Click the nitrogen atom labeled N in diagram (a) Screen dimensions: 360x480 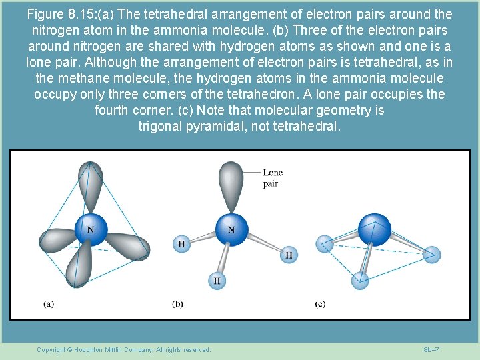pyautogui.click(x=89, y=231)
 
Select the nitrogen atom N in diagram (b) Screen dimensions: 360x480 pyautogui.click(x=230, y=230)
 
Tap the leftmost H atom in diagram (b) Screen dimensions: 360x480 pyautogui.click(x=181, y=244)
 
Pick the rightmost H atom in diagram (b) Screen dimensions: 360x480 pyautogui.click(x=289, y=255)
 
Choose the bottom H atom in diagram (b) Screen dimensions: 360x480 pyautogui.click(x=216, y=281)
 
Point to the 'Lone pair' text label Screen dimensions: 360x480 pyautogui.click(x=272, y=178)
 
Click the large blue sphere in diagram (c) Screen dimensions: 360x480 pyautogui.click(x=375, y=229)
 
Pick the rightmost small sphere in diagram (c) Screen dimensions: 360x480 pyautogui.click(x=431, y=254)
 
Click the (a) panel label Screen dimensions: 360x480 pyautogui.click(x=49, y=304)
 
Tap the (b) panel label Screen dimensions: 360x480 pyautogui.click(x=177, y=304)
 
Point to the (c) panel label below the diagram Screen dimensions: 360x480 pyautogui.click(x=320, y=304)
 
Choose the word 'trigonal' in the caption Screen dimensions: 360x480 pyautogui.click(x=163, y=126)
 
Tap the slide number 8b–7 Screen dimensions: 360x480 pyautogui.click(x=431, y=350)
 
